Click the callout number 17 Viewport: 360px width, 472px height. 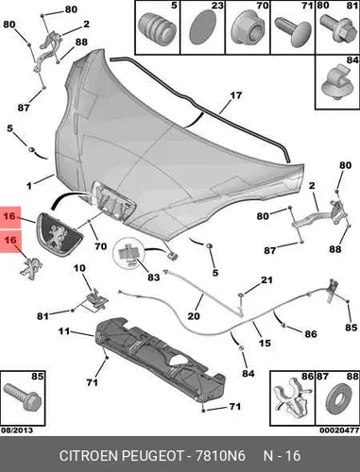pos(236,95)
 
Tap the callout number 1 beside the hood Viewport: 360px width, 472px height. pos(29,186)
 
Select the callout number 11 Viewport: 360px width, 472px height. pos(64,331)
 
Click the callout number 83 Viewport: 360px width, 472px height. pos(153,278)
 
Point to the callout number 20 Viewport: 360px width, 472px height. pos(194,315)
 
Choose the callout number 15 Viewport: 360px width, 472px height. pos(265,343)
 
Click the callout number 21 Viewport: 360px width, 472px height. pos(266,279)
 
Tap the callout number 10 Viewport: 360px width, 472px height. pos(79,268)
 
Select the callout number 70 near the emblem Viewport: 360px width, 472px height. pos(101,246)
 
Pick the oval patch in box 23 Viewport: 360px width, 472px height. pos(202,26)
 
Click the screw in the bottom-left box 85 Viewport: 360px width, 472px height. pos(22,397)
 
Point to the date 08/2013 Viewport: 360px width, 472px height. pos(17,430)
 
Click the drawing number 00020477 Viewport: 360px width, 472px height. pos(339,430)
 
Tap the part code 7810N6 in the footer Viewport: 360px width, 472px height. pos(220,456)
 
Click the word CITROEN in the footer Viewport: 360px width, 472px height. pos(89,456)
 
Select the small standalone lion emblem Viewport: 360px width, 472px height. pos(31,268)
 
